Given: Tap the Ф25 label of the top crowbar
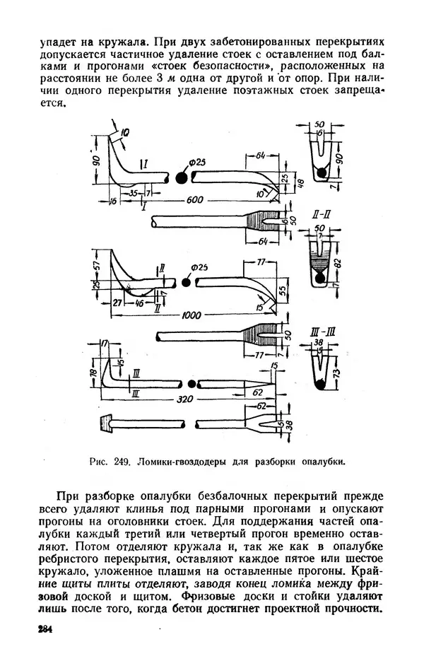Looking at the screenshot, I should pos(197,164).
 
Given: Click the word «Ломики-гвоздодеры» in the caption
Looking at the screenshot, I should pos(181,463).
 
